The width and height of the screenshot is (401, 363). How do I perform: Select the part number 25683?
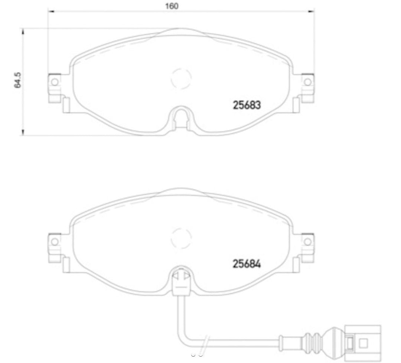pyautogui.click(x=247, y=105)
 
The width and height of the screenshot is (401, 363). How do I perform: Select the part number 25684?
pyautogui.click(x=247, y=264)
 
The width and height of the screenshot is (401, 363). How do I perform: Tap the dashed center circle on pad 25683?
pyautogui.click(x=181, y=78)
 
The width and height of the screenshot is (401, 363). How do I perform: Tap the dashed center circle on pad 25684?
pyautogui.click(x=181, y=238)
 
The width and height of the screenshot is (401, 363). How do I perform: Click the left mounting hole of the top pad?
pyautogui.click(x=55, y=82)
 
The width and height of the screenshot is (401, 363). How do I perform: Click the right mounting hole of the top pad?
pyautogui.click(x=307, y=82)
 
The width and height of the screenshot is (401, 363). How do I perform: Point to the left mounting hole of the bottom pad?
pyautogui.click(x=55, y=242)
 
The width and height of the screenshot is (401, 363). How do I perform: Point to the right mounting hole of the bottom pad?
pyautogui.click(x=307, y=242)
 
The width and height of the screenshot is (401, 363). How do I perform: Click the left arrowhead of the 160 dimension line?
pyautogui.click(x=50, y=12)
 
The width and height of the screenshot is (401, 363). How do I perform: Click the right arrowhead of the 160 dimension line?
pyautogui.click(x=312, y=12)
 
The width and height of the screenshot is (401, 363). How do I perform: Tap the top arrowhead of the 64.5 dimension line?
pyautogui.click(x=23, y=30)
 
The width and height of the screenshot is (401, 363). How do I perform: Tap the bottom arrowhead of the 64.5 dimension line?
pyautogui.click(x=23, y=133)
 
